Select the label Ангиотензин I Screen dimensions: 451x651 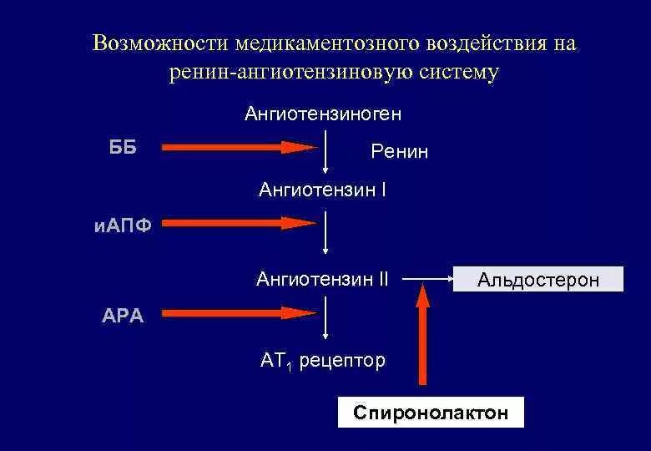click(x=322, y=190)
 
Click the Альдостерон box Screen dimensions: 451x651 click(x=538, y=280)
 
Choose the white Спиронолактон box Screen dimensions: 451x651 click(x=430, y=413)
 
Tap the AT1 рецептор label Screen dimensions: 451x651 click(x=322, y=361)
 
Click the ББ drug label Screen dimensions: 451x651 click(x=123, y=148)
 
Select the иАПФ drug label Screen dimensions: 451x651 click(x=123, y=225)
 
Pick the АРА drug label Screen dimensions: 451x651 click(x=121, y=316)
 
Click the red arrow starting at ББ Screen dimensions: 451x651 click(x=239, y=148)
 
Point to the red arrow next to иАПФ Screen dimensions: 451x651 click(x=239, y=223)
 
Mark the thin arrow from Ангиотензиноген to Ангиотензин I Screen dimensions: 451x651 click(x=325, y=150)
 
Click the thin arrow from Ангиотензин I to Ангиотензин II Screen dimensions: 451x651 click(x=325, y=234)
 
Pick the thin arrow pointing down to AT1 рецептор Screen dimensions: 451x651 click(x=325, y=322)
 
